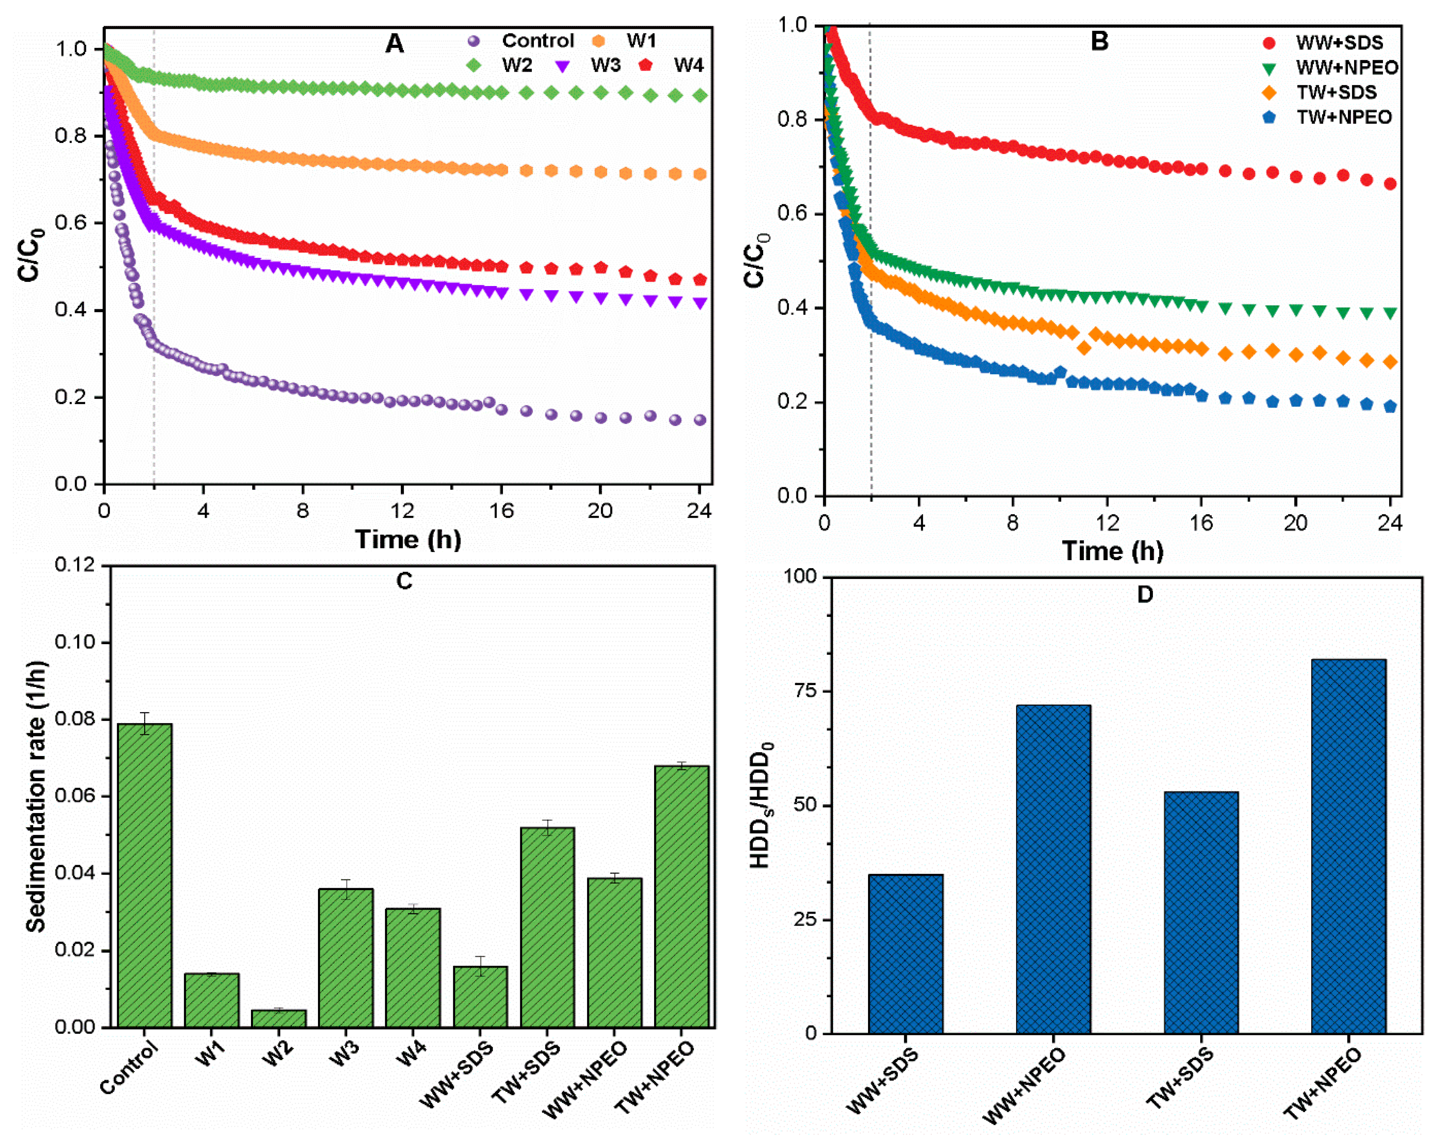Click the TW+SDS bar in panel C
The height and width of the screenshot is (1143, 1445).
point(547,928)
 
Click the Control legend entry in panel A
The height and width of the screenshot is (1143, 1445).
point(520,41)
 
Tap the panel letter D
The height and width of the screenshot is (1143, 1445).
point(1145,594)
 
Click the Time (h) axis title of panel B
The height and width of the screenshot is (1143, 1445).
point(1112,551)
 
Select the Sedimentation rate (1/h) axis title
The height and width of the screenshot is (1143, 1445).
point(37,796)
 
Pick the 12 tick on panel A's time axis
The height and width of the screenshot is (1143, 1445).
point(402,511)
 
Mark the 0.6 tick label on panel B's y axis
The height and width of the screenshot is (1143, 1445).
point(793,214)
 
